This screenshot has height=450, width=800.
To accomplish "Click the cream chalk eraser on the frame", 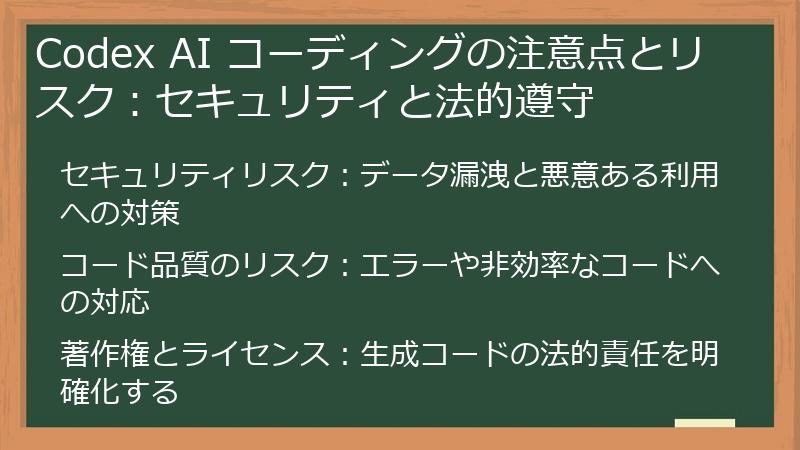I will [x=704, y=425].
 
